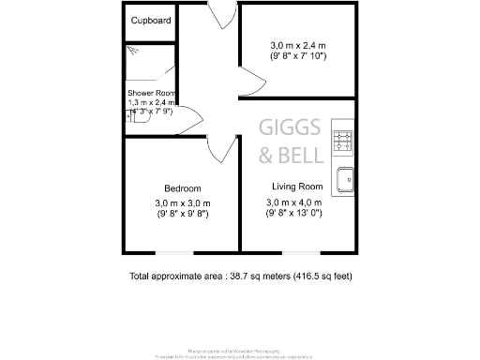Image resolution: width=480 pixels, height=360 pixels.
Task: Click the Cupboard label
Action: (x=150, y=20)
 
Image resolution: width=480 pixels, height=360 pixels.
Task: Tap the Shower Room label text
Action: (x=152, y=92)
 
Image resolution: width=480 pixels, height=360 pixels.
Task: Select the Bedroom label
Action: (x=182, y=188)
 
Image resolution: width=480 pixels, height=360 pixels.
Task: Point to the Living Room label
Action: (x=297, y=186)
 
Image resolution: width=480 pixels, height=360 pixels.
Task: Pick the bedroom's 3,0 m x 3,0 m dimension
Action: (x=183, y=203)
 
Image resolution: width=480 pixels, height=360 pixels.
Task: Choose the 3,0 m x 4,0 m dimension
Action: (x=295, y=202)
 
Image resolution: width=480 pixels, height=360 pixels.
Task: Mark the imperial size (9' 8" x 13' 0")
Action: (x=295, y=214)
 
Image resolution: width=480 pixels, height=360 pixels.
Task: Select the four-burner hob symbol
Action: (x=343, y=142)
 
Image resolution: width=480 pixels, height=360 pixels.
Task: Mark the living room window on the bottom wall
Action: (x=297, y=252)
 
